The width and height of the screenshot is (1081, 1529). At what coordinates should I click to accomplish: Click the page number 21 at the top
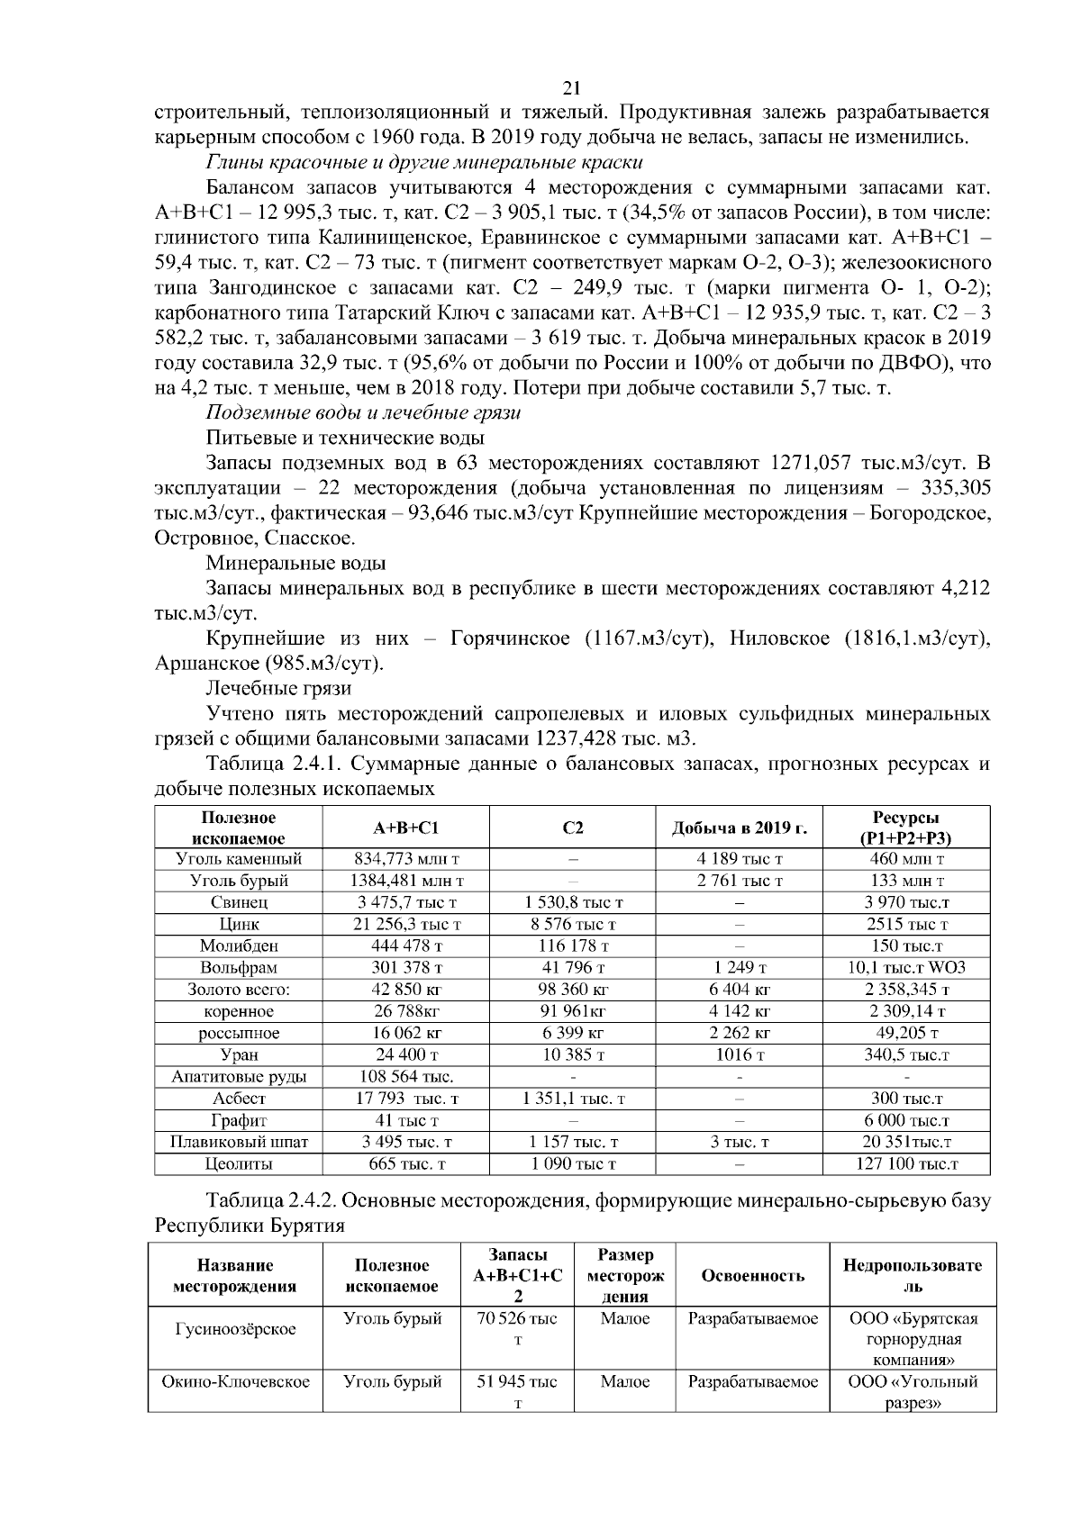pyautogui.click(x=570, y=88)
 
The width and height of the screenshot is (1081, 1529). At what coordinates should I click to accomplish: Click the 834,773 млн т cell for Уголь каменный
pyautogui.click(x=405, y=859)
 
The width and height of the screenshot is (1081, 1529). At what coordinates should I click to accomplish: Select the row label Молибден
pyautogui.click(x=239, y=946)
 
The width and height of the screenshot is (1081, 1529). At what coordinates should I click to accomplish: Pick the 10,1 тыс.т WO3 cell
pyautogui.click(x=906, y=968)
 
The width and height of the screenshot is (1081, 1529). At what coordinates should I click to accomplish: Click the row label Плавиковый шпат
pyautogui.click(x=239, y=1143)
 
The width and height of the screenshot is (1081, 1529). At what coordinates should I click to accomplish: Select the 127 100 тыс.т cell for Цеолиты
pyautogui.click(x=906, y=1164)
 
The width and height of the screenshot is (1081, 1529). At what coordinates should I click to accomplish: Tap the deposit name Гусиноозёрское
pyautogui.click(x=235, y=1330)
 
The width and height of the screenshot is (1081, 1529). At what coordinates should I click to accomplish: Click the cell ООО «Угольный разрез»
pyautogui.click(x=913, y=1393)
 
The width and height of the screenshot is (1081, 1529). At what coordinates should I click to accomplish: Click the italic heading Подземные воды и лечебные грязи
pyautogui.click(x=364, y=413)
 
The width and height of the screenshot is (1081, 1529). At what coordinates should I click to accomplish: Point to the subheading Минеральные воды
pyautogui.click(x=296, y=564)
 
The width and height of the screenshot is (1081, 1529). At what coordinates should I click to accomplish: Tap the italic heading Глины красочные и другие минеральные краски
pyautogui.click(x=424, y=163)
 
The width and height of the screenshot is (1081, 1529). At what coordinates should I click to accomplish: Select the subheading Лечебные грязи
pyautogui.click(x=279, y=689)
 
